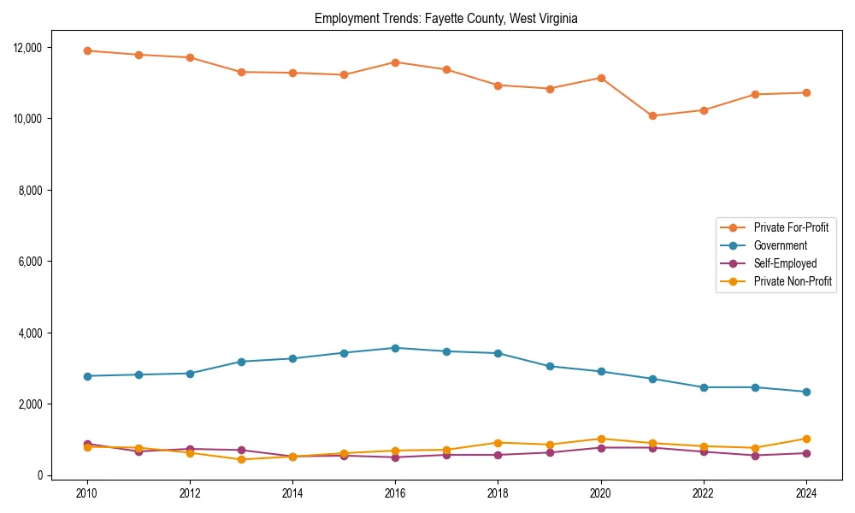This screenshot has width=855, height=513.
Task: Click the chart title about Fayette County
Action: click(446, 19)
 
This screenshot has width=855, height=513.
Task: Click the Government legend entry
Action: click(780, 245)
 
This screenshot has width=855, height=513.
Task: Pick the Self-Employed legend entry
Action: click(785, 263)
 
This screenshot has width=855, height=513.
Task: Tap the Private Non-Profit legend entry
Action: click(793, 281)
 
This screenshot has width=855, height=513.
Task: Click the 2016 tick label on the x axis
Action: click(395, 493)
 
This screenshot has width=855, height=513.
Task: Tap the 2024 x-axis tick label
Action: click(805, 493)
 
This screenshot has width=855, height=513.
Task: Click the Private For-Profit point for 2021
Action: click(652, 115)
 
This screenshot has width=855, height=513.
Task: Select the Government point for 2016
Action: click(395, 348)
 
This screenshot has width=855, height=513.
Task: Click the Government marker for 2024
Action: click(805, 392)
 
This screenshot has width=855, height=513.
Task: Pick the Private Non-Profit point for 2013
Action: click(241, 459)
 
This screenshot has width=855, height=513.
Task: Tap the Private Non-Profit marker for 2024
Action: click(805, 439)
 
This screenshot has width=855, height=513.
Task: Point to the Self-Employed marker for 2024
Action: click(805, 453)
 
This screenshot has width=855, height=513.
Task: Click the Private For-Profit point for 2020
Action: click(601, 78)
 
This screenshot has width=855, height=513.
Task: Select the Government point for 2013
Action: click(241, 362)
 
